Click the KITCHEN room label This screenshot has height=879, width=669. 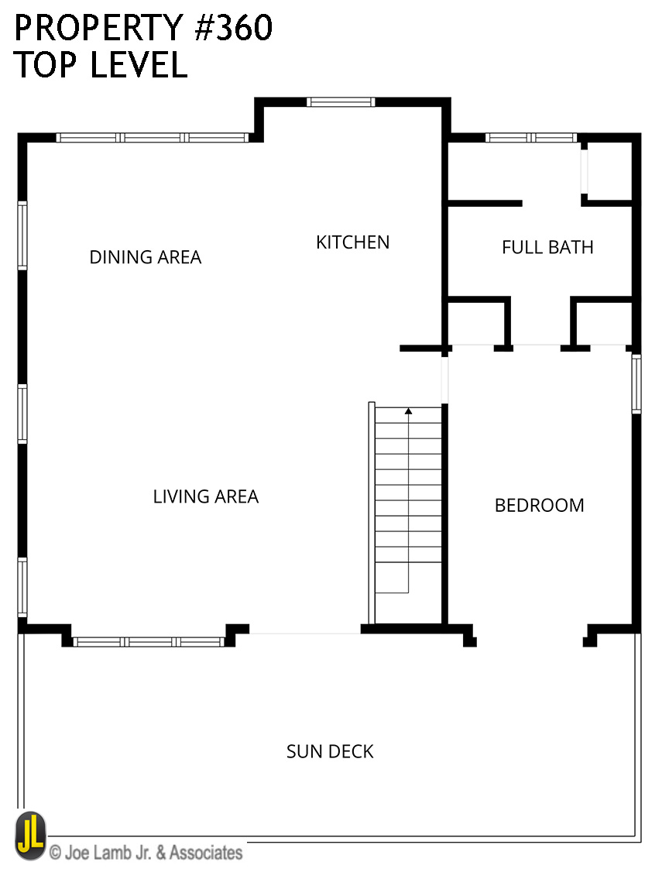point(352,242)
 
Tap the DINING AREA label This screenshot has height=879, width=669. point(145,257)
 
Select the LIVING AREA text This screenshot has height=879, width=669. point(206,496)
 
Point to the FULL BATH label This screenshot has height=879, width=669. point(547,247)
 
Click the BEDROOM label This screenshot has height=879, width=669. point(540,505)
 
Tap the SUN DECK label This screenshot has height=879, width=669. point(329,751)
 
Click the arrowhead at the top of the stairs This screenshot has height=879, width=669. point(409,411)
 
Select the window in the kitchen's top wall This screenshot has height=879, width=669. point(341,102)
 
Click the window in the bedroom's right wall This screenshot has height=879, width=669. point(636,384)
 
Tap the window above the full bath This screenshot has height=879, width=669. point(531,138)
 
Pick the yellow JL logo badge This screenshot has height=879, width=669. point(30,836)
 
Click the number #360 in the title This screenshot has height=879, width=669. point(233,28)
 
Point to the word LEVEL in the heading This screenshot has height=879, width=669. point(139,64)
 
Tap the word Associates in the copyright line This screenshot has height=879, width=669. point(206,853)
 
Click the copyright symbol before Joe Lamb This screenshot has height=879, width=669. point(55,853)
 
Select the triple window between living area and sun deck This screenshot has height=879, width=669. point(149,642)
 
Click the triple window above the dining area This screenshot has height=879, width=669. point(153,138)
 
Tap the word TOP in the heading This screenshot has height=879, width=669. point(46,64)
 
